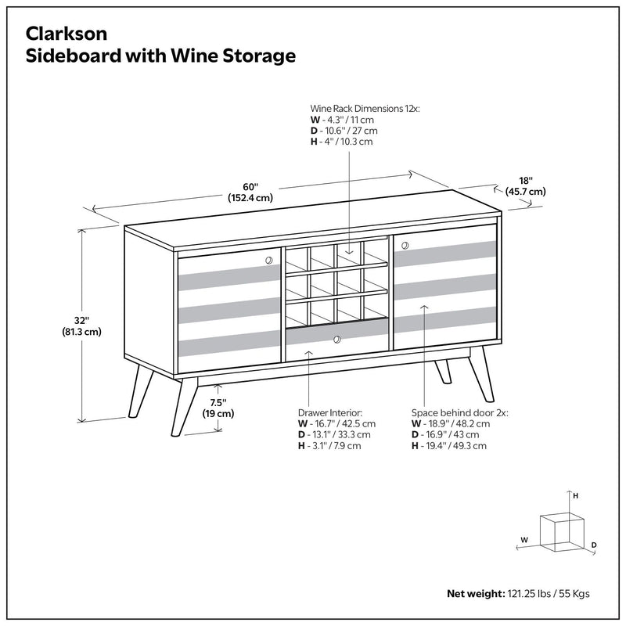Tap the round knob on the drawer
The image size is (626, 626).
[x=336, y=340]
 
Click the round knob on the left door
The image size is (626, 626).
[x=268, y=259]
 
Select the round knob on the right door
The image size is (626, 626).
[x=405, y=246]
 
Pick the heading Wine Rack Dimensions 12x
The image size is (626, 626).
[x=365, y=109]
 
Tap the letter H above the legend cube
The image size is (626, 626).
[x=575, y=496]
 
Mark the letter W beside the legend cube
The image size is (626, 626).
[x=524, y=539]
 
